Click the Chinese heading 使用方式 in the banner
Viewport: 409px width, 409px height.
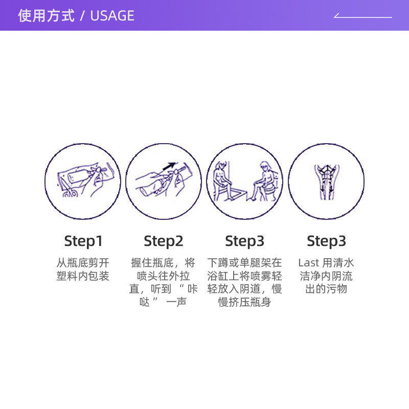[46, 16]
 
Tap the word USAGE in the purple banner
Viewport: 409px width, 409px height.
[112, 16]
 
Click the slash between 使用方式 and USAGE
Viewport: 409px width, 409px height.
[82, 16]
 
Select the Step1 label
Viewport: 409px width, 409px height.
[83, 241]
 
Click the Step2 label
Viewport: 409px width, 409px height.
[164, 241]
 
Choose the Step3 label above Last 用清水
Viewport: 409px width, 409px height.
[326, 241]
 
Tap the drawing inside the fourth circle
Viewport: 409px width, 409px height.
[326, 181]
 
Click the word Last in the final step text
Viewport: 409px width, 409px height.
[308, 263]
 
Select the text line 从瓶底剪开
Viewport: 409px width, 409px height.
[83, 263]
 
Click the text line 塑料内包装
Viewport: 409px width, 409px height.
[83, 277]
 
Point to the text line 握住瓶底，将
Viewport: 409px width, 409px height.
[164, 263]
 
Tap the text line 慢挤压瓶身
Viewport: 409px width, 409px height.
[244, 303]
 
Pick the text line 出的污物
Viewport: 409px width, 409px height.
[326, 289]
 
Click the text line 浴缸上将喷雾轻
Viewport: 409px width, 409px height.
[244, 277]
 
